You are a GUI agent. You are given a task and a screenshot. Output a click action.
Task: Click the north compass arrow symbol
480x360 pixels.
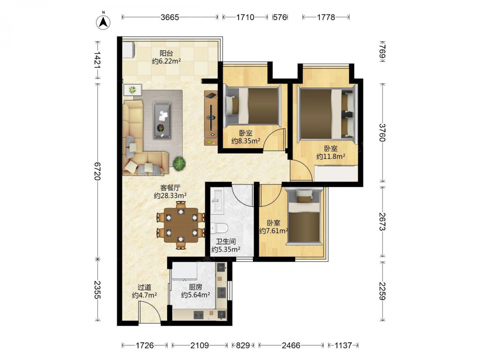coord(104,22)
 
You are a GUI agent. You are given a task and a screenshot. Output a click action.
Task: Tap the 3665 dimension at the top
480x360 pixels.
coord(170,17)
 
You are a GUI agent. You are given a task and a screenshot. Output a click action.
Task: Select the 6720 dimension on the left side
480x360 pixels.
coord(97,171)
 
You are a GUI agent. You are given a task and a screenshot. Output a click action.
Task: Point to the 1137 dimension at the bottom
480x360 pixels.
coord(343,345)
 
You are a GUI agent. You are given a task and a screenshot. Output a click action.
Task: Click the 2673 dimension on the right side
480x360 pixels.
coord(383,222)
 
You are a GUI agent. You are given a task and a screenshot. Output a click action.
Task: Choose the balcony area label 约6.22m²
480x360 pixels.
coord(166,61)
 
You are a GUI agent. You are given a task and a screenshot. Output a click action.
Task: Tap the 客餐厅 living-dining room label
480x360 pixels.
coord(170,188)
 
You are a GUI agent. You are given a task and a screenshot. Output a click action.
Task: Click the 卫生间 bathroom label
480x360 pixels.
coord(226,241)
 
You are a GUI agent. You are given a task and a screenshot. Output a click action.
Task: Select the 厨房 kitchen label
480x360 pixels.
coord(195,287)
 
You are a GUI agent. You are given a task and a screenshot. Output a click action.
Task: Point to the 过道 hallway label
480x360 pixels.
coord(144,287)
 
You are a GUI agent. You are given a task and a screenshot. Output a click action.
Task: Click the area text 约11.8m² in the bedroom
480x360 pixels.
coord(331,156)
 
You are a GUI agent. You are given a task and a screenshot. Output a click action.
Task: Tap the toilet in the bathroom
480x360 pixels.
coord(219,228)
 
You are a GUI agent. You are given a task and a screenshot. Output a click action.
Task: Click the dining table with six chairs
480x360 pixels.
coord(180,225)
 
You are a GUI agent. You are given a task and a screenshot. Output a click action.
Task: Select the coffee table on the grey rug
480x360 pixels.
coord(162,120)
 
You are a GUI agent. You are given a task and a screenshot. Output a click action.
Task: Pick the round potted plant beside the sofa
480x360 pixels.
coord(179,163)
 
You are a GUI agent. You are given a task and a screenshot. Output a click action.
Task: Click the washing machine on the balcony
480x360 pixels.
coord(129,49)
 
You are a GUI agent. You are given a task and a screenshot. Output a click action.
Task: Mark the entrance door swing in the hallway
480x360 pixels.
coord(149,312)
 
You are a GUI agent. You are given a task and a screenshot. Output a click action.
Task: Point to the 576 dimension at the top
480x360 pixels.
coord(280,17)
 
